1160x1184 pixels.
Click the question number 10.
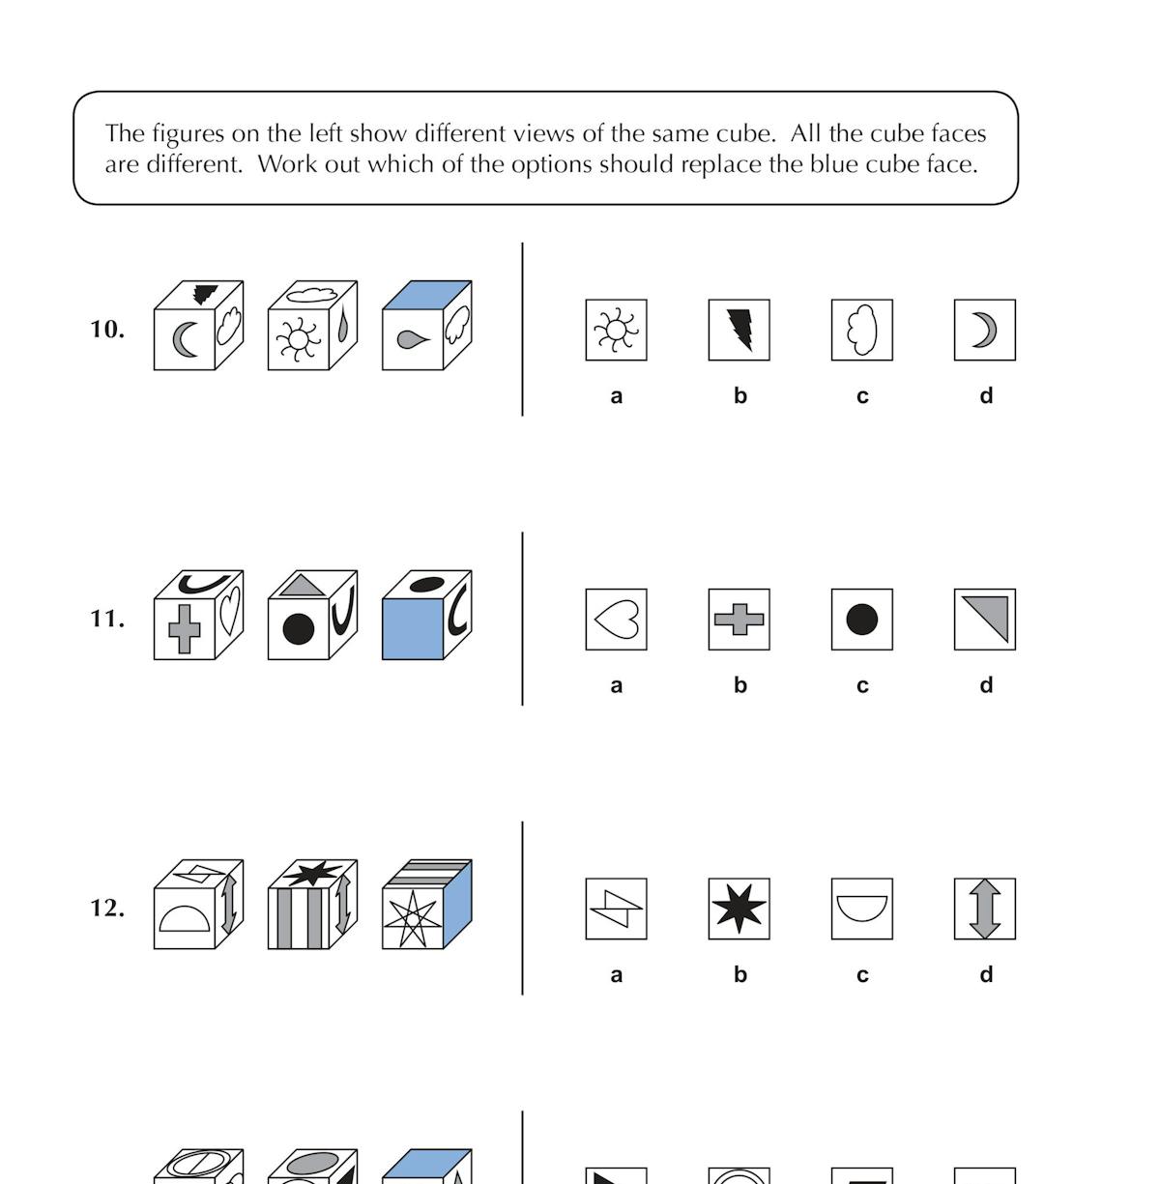[107, 330]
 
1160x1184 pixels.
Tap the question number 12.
[107, 909]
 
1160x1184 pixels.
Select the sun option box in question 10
[616, 331]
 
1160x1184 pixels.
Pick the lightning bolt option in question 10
[739, 331]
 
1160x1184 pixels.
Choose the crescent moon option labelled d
[984, 331]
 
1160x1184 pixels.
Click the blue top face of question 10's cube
[427, 295]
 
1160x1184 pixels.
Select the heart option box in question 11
[616, 620]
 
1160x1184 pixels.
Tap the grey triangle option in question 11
[984, 620]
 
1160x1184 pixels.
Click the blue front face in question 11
[413, 629]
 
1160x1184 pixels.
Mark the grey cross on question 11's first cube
[184, 629]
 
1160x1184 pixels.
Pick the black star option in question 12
[739, 909]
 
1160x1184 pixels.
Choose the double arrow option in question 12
[984, 909]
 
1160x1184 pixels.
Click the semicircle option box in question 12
[861, 909]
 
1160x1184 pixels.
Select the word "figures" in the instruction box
[187, 133]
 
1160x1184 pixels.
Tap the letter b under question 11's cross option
[739, 685]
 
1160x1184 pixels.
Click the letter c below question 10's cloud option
[862, 396]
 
